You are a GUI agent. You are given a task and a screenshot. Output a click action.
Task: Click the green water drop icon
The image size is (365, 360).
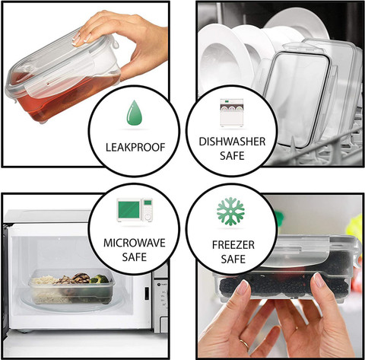pyautogui.click(x=135, y=113)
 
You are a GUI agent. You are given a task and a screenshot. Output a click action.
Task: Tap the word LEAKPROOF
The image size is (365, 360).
pyautogui.click(x=135, y=148)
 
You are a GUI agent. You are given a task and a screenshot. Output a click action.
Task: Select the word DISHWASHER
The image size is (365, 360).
pyautogui.click(x=232, y=142)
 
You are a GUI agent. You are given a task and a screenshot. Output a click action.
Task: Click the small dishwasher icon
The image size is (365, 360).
pyautogui.click(x=232, y=113)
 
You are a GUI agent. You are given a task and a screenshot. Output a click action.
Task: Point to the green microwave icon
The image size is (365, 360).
pyautogui.click(x=135, y=210)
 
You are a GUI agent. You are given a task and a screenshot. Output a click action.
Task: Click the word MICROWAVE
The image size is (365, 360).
pyautogui.click(x=135, y=243)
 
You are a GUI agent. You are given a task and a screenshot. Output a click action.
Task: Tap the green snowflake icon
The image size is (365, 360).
pyautogui.click(x=230, y=212)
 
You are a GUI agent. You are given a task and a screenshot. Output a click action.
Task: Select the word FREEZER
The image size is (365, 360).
pyautogui.click(x=233, y=245)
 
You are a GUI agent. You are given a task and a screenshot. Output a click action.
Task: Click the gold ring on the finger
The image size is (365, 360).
pyautogui.click(x=244, y=344)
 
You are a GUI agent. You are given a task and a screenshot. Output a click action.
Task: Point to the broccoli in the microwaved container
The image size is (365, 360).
pyautogui.click(x=100, y=279)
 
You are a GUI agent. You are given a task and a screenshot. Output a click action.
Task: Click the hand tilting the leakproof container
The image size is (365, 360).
pyautogui.click(x=127, y=43)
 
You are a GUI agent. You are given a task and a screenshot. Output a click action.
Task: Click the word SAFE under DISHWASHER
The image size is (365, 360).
pyautogui.click(x=232, y=156)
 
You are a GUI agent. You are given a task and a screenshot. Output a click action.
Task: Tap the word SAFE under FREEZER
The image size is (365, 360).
pyautogui.click(x=233, y=259)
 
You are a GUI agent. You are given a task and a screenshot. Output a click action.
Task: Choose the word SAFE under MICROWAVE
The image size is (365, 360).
pyautogui.click(x=135, y=257)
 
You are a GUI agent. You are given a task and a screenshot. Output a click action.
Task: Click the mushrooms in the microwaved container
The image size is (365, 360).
pyautogui.click(x=76, y=279)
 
